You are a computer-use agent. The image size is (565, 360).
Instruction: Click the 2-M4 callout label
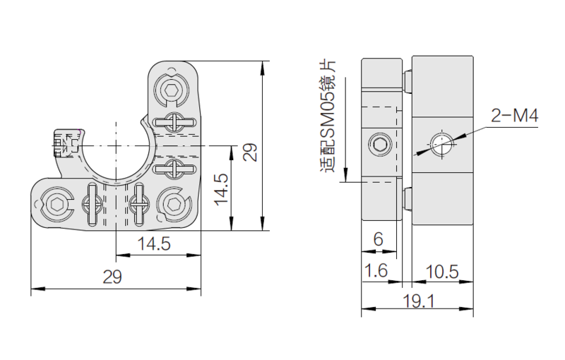click(x=515, y=116)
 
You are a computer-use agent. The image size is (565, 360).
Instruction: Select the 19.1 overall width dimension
click(x=418, y=301)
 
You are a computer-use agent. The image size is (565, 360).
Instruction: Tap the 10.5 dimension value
click(x=442, y=272)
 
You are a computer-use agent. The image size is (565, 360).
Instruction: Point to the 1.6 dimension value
click(x=376, y=270)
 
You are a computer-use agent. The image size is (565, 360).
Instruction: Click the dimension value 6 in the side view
click(x=378, y=239)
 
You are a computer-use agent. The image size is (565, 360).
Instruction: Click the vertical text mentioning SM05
click(x=327, y=116)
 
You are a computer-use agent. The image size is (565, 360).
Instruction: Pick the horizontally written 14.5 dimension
click(x=154, y=244)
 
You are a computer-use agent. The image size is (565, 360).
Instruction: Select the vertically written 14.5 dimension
click(x=221, y=190)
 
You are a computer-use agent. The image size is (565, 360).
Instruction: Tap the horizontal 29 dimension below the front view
click(x=112, y=277)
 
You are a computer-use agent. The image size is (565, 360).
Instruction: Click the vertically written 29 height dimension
click(x=250, y=152)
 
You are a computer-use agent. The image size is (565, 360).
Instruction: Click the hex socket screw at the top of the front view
click(x=171, y=89)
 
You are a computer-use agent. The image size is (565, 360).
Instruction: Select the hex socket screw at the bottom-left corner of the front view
click(x=57, y=205)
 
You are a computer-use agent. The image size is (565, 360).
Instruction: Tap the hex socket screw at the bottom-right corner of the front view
click(x=173, y=205)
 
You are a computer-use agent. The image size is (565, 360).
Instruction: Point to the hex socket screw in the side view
click(x=380, y=145)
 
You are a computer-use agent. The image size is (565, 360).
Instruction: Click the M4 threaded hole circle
click(x=442, y=145)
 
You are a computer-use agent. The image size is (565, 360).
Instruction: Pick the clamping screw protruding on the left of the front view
click(x=66, y=143)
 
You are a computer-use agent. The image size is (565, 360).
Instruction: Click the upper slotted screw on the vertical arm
click(x=174, y=122)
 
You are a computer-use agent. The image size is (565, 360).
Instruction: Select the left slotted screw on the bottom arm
click(x=92, y=205)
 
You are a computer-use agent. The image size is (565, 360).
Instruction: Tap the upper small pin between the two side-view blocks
click(x=408, y=80)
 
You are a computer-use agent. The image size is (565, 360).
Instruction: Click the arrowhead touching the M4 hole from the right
click(x=460, y=137)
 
